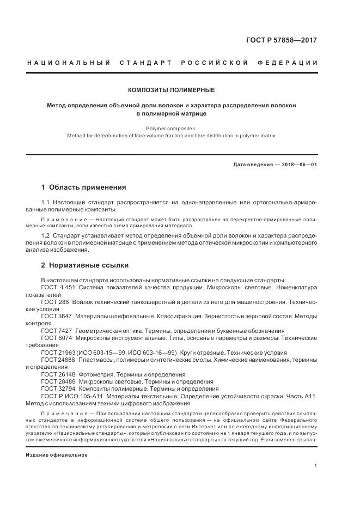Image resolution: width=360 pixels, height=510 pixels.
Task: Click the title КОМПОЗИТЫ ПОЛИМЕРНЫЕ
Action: [x=171, y=89]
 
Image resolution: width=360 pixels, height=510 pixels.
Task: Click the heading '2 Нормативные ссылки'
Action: [x=84, y=265]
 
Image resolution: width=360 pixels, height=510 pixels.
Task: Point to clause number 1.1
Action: [x=45, y=202]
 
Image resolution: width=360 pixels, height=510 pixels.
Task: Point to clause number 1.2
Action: [x=45, y=235]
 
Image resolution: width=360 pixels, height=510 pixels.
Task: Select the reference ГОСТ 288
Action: [x=54, y=301]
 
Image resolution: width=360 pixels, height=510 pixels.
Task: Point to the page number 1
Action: [x=316, y=466]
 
